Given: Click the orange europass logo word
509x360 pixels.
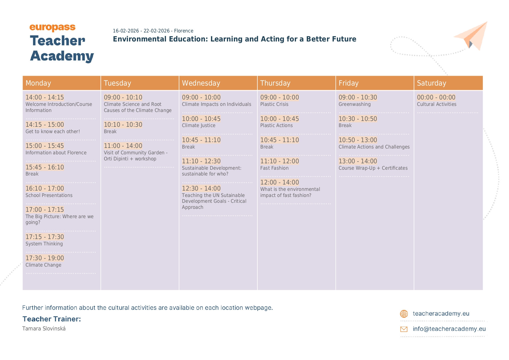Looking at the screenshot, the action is pyautogui.click(x=53, y=28).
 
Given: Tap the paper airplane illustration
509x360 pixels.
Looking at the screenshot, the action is pyautogui.click(x=472, y=35).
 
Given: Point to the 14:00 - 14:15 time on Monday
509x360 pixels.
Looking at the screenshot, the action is pyautogui.click(x=45, y=97).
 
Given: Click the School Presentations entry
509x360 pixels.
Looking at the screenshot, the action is pyautogui.click(x=49, y=195).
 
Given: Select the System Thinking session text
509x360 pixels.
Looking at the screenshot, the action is pyautogui.click(x=44, y=244).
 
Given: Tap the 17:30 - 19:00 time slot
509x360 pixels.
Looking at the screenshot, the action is pyautogui.click(x=45, y=258).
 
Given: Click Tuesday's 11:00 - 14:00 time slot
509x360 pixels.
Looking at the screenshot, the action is pyautogui.click(x=123, y=146).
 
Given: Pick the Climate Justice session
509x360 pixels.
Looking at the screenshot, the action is pyautogui.click(x=199, y=125).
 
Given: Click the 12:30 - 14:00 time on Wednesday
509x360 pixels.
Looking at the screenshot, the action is pyautogui.click(x=201, y=188).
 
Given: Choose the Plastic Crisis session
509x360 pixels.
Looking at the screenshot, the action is pyautogui.click(x=274, y=104).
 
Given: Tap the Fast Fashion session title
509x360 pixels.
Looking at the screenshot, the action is pyautogui.click(x=274, y=168).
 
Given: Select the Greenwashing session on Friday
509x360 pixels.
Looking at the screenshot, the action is pyautogui.click(x=355, y=104).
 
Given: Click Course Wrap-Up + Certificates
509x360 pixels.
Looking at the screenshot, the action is pyautogui.click(x=373, y=168).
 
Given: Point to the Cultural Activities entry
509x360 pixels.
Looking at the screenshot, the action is pyautogui.click(x=436, y=104).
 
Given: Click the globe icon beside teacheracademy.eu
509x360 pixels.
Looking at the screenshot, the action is pyautogui.click(x=404, y=314).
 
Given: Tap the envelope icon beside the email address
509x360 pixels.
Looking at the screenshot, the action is pyautogui.click(x=404, y=329).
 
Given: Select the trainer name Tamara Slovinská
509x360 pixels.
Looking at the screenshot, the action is pyautogui.click(x=44, y=329).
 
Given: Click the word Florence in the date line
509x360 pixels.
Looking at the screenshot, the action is pyautogui.click(x=184, y=31).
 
